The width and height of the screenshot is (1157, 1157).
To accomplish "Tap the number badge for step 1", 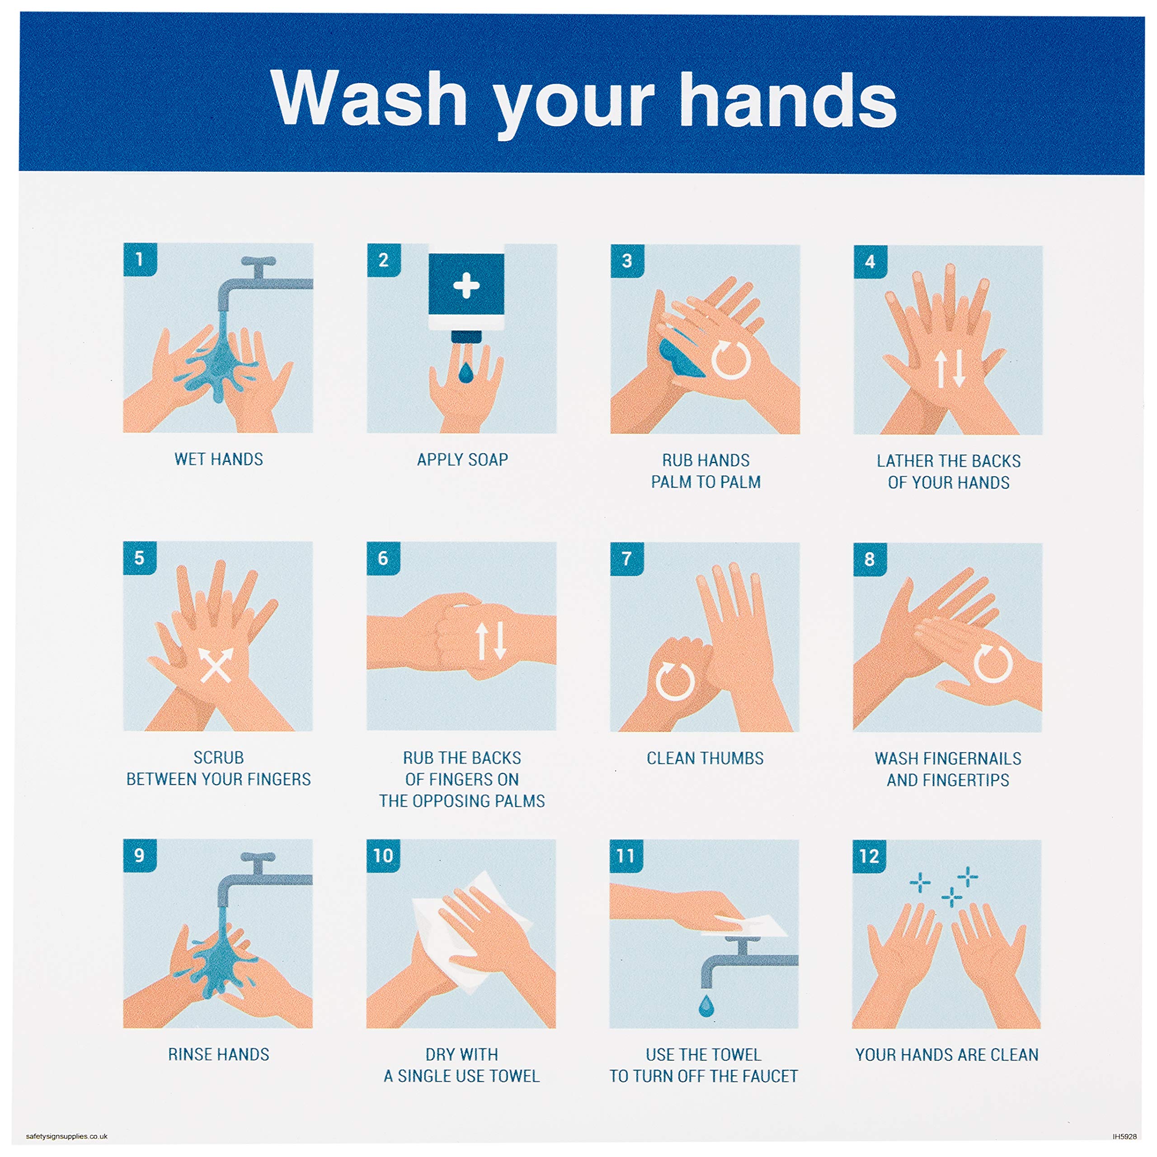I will (140, 259).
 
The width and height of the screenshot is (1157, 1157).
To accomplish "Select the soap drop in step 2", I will (466, 372).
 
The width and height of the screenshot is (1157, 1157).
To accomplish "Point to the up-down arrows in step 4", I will (950, 368).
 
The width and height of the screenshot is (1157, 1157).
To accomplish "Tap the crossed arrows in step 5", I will (216, 665).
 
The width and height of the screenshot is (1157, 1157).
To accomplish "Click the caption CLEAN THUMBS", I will (705, 758).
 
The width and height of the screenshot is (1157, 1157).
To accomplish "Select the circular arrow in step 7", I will (674, 681).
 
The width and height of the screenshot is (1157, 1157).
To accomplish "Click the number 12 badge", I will (869, 856).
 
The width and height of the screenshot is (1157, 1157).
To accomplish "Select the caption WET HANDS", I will (219, 459).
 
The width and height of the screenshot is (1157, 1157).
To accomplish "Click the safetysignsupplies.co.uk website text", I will (66, 1136).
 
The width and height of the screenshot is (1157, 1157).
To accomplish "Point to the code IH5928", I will (1124, 1136).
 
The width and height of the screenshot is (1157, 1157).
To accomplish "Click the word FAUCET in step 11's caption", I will (769, 1076).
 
